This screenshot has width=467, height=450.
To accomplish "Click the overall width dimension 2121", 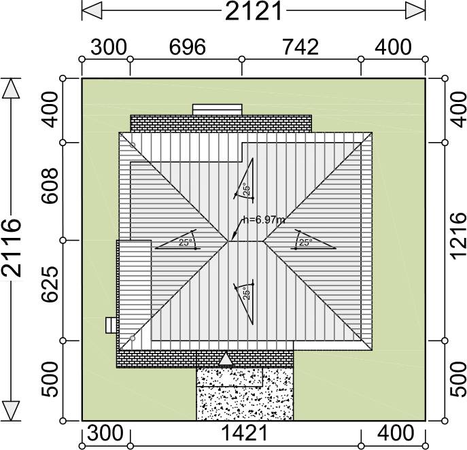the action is click(x=253, y=11).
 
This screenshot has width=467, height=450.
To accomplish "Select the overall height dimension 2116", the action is click(x=12, y=248).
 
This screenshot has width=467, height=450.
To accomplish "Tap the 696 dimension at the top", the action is click(x=188, y=47).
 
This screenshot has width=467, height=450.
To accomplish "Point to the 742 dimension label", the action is click(x=300, y=47).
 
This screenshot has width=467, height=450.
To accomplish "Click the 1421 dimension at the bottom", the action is click(x=245, y=433).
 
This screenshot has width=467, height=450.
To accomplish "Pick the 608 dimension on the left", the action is click(x=50, y=186).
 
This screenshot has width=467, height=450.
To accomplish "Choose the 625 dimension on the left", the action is click(x=50, y=284).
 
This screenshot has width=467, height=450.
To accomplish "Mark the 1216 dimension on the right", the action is click(x=457, y=236).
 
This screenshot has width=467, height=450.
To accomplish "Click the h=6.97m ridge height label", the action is click(x=264, y=220).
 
